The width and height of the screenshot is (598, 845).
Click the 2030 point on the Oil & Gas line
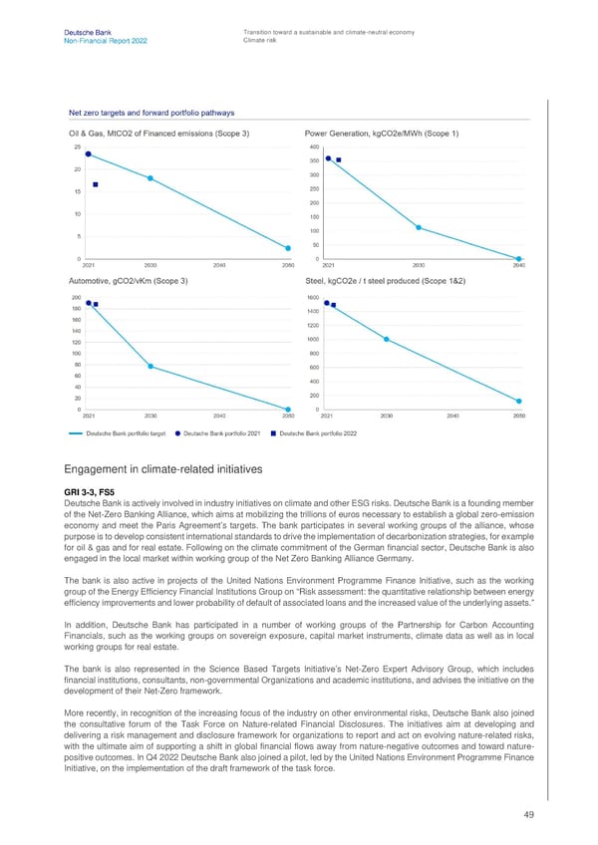click(x=150, y=178)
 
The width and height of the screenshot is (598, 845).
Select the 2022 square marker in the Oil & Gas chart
click(x=95, y=184)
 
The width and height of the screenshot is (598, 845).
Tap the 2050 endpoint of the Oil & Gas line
click(x=288, y=248)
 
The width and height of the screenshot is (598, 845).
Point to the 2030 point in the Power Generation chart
click(x=419, y=227)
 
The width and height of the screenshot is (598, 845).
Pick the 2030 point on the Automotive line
click(x=150, y=367)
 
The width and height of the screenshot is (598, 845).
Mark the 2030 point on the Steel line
click(x=386, y=340)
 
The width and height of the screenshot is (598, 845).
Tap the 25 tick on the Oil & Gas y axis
click(x=77, y=147)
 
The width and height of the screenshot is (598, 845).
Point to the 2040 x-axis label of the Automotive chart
click(x=219, y=416)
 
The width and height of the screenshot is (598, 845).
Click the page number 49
click(x=527, y=814)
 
